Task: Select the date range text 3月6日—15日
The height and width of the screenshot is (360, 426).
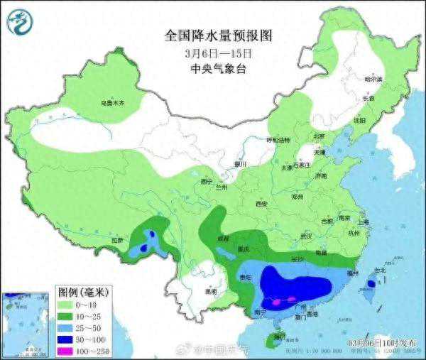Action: point(218,53)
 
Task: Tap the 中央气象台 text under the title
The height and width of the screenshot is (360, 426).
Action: point(218,69)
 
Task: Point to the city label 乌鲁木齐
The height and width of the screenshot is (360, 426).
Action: point(112,104)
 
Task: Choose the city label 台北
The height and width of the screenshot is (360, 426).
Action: point(379,271)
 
